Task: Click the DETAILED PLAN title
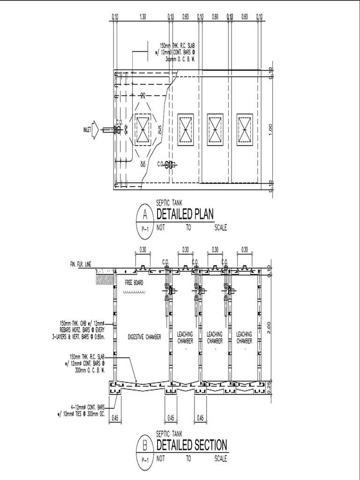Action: [x=185, y=215]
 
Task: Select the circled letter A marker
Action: [x=144, y=215]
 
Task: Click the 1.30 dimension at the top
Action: [x=143, y=16]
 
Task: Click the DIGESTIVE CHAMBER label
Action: [x=144, y=337]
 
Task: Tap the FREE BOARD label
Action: [x=134, y=283]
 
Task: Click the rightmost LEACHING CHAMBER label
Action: [x=244, y=337]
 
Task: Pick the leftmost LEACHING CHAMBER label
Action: [x=185, y=337]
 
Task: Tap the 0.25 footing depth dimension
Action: [x=269, y=387]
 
